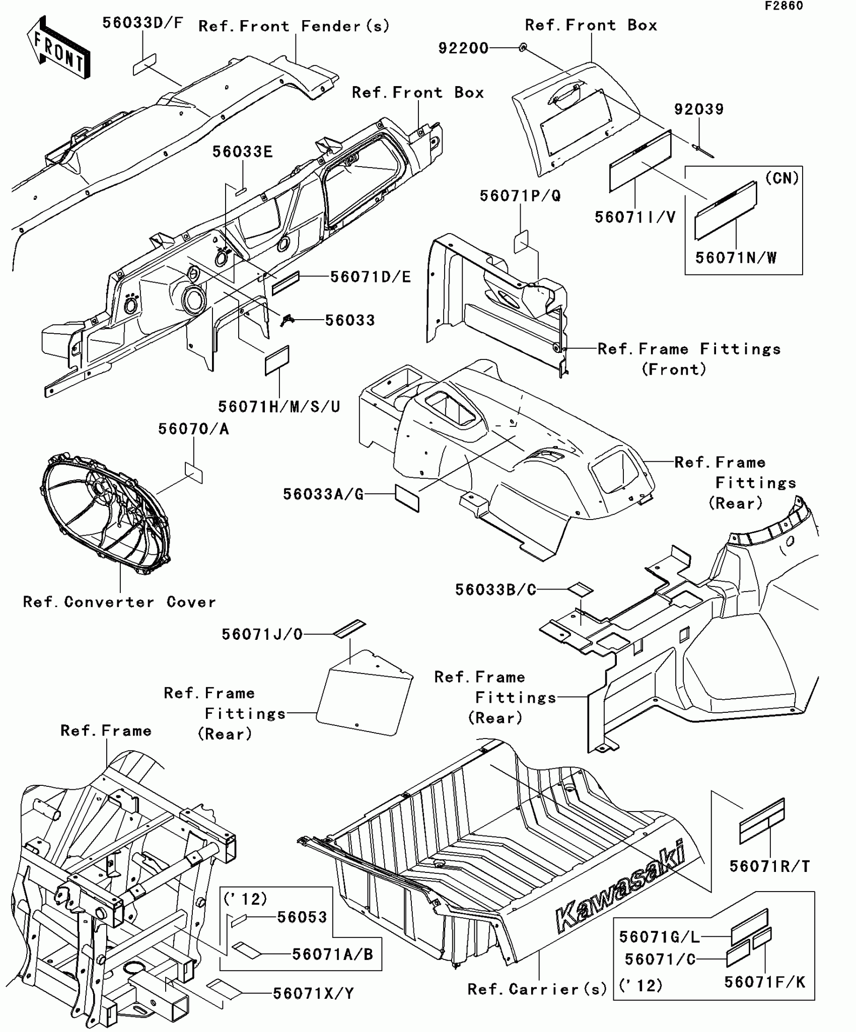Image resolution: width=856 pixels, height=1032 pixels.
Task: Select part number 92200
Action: (463, 48)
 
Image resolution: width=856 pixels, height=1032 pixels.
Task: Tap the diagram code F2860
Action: (784, 6)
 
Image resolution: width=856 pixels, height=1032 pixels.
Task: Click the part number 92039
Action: (699, 109)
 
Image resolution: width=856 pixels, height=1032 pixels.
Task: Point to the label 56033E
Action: (242, 152)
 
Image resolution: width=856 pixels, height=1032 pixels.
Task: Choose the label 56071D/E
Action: (371, 277)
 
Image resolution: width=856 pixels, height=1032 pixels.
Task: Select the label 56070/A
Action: (193, 429)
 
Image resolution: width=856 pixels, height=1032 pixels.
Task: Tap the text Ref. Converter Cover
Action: (119, 602)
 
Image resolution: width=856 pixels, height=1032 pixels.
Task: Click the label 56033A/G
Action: (323, 494)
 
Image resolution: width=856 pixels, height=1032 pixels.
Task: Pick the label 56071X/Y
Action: (313, 993)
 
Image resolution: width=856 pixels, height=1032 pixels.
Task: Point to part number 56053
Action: (302, 917)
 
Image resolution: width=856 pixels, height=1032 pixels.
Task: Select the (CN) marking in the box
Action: (781, 178)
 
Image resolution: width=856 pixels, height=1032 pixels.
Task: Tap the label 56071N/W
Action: (736, 258)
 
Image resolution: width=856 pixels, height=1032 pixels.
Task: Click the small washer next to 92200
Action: (523, 47)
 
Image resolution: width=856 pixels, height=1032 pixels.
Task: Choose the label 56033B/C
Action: (495, 589)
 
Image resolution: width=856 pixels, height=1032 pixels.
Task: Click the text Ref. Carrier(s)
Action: (537, 989)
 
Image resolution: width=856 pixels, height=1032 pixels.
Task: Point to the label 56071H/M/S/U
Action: (279, 407)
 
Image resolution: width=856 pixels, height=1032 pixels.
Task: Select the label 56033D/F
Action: (142, 23)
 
